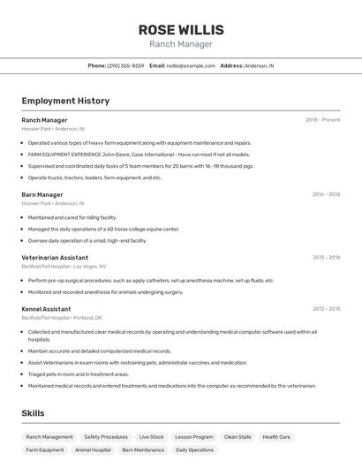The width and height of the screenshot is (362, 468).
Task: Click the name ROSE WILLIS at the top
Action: click(x=181, y=29)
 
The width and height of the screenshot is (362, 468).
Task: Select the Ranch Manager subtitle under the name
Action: click(x=181, y=44)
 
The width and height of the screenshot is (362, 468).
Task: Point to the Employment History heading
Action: click(x=65, y=101)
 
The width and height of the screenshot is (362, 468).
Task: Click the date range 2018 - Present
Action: click(x=322, y=119)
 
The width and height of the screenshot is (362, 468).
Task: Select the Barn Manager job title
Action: click(x=42, y=194)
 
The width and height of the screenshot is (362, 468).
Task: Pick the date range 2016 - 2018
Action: click(x=326, y=194)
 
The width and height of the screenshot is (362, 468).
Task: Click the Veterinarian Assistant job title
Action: click(x=55, y=258)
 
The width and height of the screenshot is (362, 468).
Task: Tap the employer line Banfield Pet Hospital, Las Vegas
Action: click(x=64, y=266)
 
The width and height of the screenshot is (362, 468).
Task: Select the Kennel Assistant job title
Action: click(x=46, y=309)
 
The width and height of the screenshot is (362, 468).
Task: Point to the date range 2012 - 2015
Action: click(x=326, y=309)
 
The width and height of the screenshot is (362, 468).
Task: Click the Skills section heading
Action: click(x=33, y=413)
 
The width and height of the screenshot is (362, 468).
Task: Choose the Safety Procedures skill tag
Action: click(x=106, y=436)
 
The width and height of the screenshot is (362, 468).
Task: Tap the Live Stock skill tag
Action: click(x=151, y=436)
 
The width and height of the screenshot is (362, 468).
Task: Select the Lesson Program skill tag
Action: click(x=193, y=436)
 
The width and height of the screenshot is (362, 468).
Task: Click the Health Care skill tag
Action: click(x=276, y=436)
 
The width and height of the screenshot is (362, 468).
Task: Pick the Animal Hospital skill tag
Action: click(x=93, y=449)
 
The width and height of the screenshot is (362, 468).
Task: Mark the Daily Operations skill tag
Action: click(x=194, y=449)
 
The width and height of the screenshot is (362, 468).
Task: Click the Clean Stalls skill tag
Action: click(x=238, y=436)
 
